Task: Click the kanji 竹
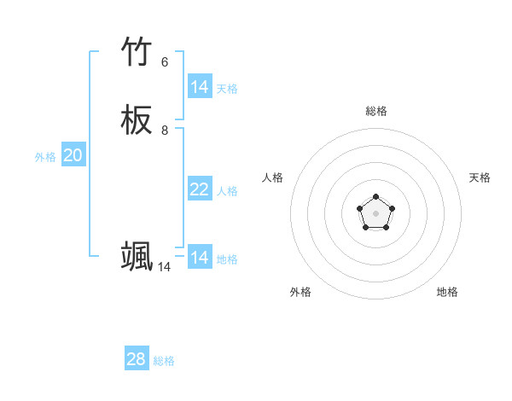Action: [137, 52]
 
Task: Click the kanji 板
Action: [137, 120]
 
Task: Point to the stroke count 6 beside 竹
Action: [165, 62]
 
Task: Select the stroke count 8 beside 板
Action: [165, 131]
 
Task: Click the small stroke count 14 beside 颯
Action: [164, 267]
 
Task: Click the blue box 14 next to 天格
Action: [200, 87]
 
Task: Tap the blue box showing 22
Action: [200, 189]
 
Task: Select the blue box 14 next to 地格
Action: [200, 258]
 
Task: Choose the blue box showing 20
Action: [73, 155]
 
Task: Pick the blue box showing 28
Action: [137, 359]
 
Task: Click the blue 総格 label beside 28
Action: [164, 361]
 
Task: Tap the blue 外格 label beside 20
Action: [45, 157]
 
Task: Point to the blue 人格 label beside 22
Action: [227, 191]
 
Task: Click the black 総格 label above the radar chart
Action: [376, 111]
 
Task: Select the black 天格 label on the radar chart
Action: [480, 177]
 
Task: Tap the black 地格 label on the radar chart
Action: [447, 292]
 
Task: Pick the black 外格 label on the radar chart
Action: [300, 292]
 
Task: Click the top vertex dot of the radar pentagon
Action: [376, 197]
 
